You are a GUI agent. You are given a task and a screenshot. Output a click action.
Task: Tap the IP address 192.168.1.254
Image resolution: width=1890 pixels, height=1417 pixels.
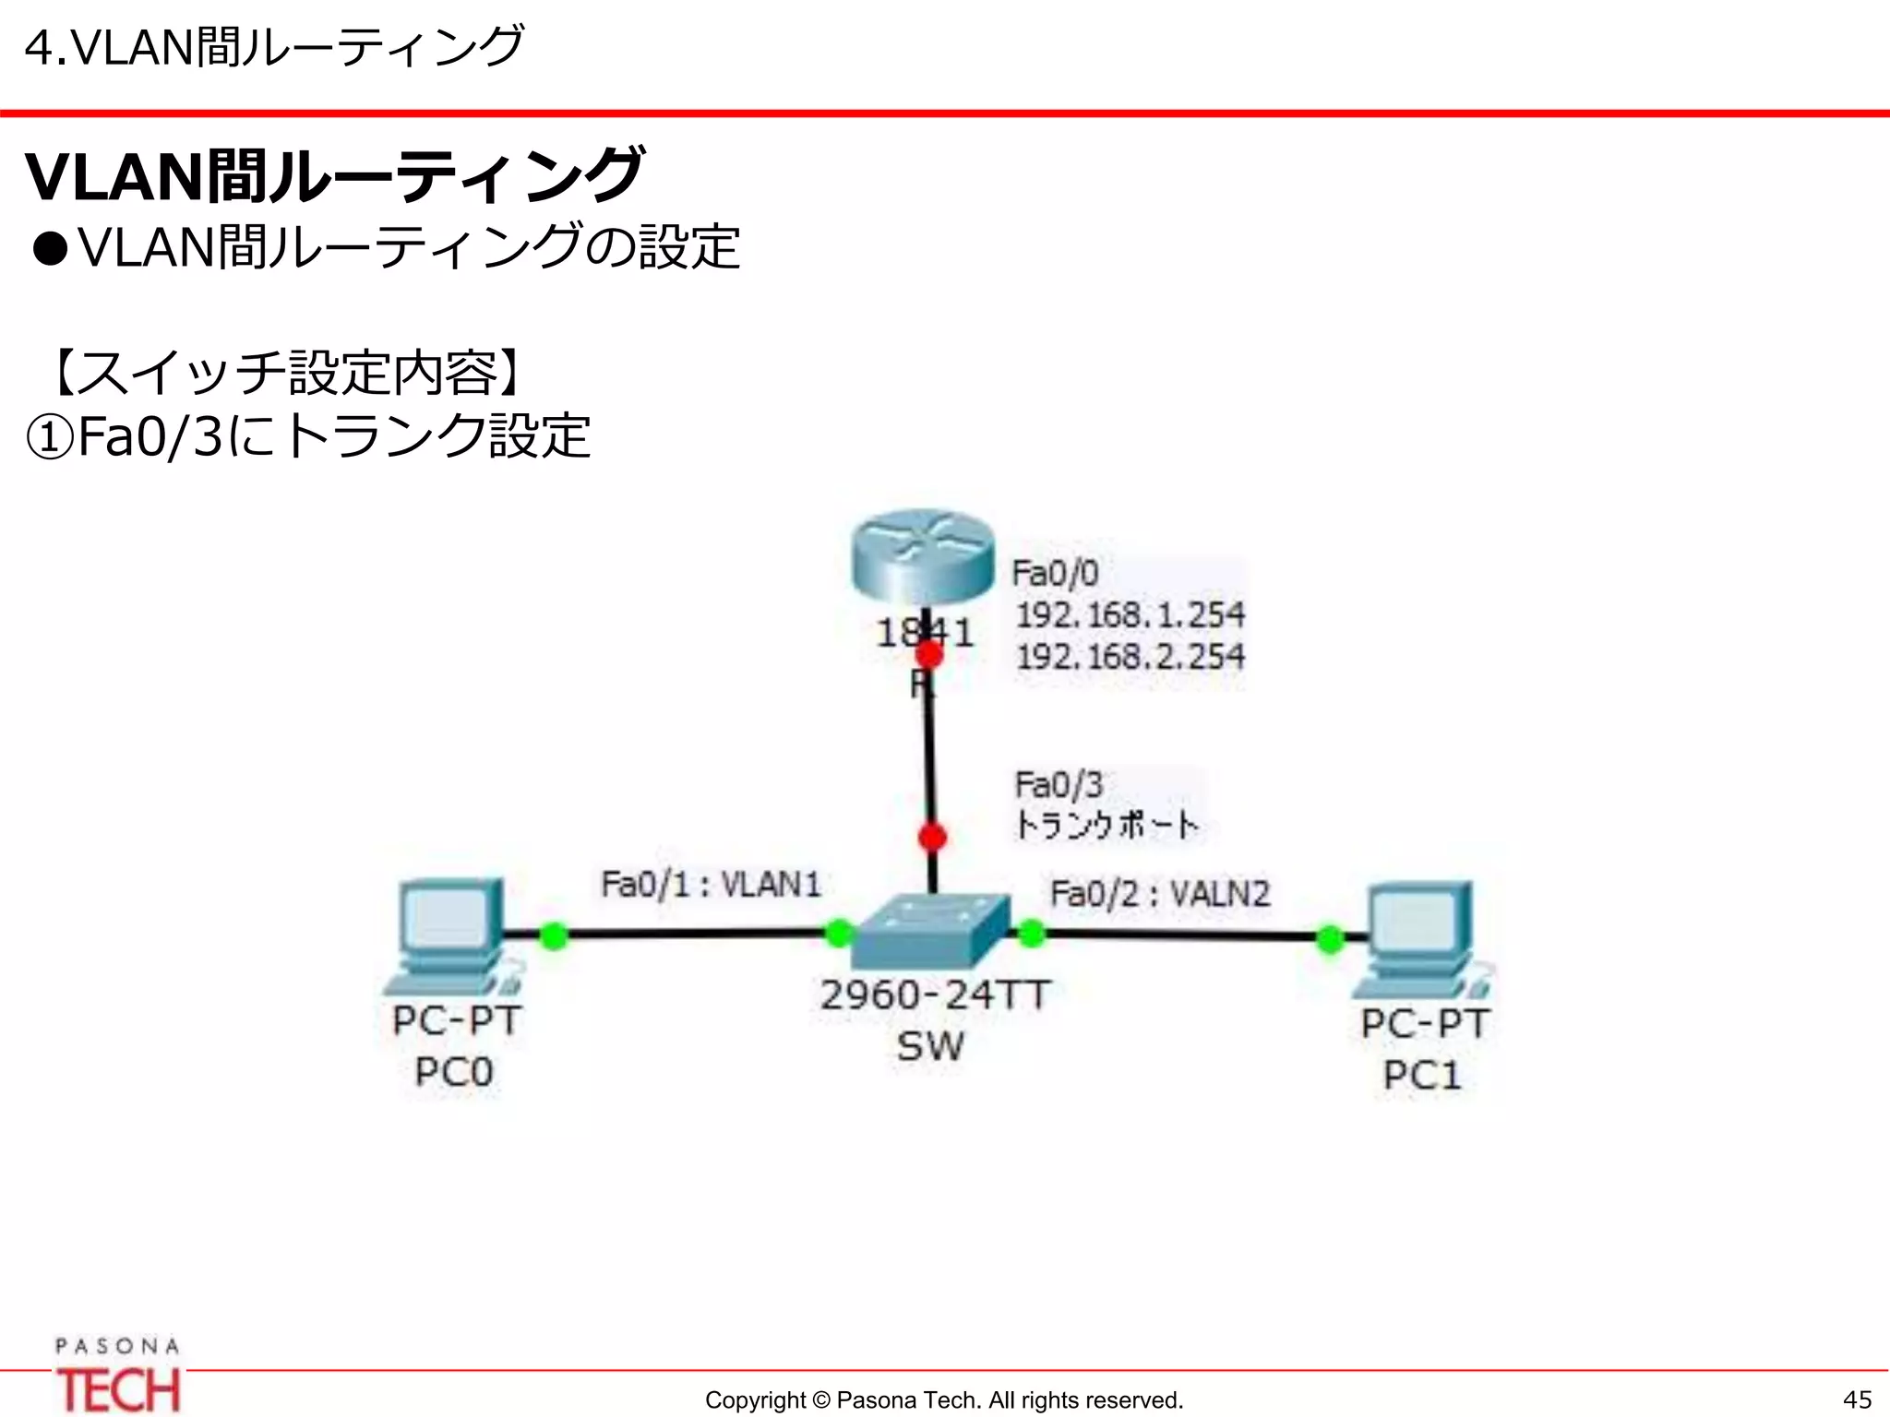coord(1130,614)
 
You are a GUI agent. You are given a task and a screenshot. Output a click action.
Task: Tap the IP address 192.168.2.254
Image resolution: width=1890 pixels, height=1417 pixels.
coord(1130,657)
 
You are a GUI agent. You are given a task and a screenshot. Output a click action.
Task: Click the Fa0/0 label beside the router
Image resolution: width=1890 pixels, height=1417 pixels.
coord(1055,573)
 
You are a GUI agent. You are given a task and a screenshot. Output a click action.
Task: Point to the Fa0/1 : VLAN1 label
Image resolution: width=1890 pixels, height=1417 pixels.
coord(711,885)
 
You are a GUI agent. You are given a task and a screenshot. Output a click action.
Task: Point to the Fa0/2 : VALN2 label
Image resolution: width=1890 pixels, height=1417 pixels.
coord(1160,894)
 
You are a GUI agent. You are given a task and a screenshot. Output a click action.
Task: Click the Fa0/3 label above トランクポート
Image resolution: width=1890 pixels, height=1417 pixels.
coord(1059,785)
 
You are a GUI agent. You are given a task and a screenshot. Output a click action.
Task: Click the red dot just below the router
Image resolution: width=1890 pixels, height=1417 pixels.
coord(929,654)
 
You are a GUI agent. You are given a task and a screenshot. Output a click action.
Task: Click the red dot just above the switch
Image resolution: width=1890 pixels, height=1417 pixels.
coord(932,838)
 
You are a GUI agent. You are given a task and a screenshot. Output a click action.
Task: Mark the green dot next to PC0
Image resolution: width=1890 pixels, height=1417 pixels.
coord(553,935)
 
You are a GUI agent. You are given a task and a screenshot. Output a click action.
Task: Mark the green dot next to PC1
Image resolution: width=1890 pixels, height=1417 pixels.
coord(1330,939)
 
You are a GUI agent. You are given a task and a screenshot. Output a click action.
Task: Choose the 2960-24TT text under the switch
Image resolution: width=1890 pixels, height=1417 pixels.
coord(935,995)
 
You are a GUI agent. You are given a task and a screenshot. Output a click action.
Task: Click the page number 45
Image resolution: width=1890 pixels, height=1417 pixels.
coord(1857,1399)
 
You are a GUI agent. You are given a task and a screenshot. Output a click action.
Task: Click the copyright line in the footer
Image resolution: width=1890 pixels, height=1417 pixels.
coord(943,1400)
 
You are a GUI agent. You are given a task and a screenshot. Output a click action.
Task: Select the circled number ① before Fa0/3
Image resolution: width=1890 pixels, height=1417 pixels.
coord(49,437)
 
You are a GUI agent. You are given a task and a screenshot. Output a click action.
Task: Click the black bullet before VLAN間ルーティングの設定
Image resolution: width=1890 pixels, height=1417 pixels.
coord(51,249)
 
